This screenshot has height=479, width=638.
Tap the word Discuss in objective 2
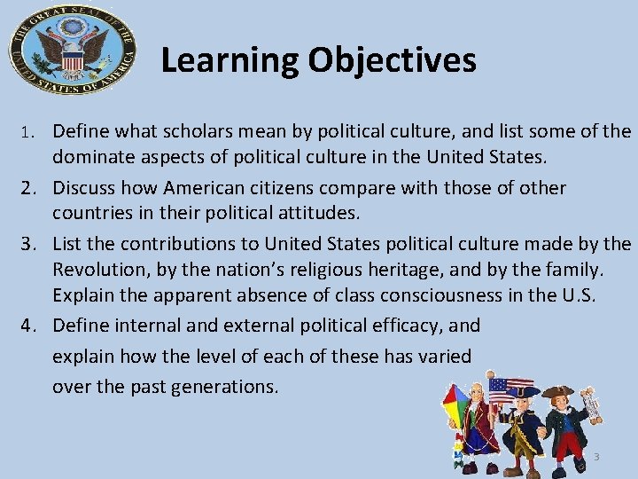pyautogui.click(x=84, y=188)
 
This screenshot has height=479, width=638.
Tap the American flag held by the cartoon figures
pyautogui.click(x=505, y=389)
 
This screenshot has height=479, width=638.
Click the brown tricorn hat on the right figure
pyautogui.click(x=559, y=392)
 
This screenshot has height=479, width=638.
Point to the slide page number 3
pyautogui.click(x=596, y=457)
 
